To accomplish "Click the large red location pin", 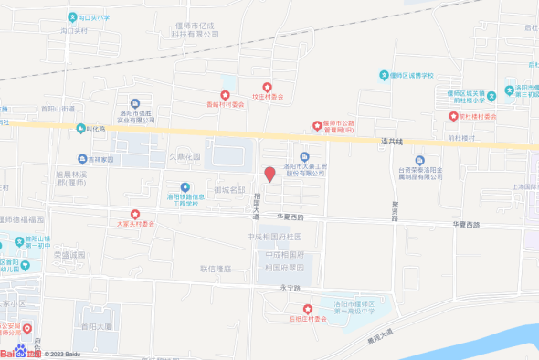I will (269, 174).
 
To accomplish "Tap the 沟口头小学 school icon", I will (72, 17).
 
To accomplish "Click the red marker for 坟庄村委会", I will (266, 86).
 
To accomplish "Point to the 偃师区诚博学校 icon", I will (384, 75).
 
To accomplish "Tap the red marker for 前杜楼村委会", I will (452, 116).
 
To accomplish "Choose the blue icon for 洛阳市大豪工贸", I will (305, 155).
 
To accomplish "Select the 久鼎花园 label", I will (184, 156).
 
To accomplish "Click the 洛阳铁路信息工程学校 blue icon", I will (185, 187).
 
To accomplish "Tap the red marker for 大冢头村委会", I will (135, 213).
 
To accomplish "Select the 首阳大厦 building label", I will (96, 325).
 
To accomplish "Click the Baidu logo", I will (18, 353).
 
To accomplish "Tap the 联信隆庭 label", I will (216, 270).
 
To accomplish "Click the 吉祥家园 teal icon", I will (82, 158).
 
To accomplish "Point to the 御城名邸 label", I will (230, 189).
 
